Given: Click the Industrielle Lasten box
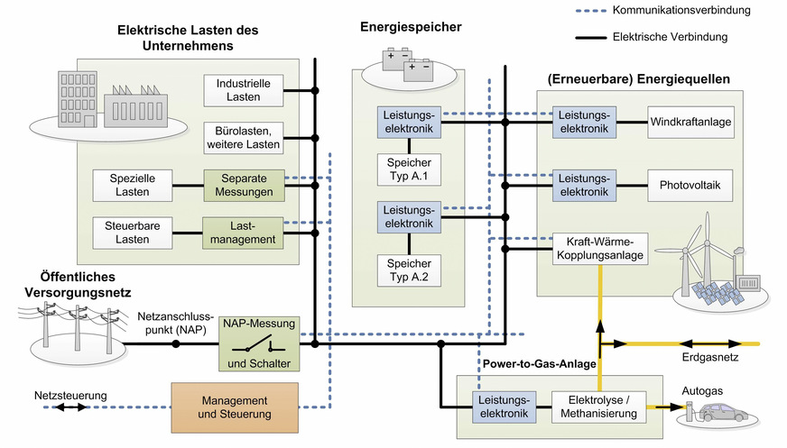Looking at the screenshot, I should (x=244, y=90).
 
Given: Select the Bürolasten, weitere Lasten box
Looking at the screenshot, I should (x=244, y=138).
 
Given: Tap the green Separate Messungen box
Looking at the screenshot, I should (x=244, y=186).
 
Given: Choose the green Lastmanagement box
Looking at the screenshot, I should (x=244, y=233).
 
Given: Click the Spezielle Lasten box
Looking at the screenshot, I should (x=132, y=186).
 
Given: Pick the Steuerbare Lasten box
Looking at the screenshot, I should (x=132, y=233).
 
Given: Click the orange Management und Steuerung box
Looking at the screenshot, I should (x=234, y=407).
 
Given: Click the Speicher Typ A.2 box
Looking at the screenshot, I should (x=410, y=270).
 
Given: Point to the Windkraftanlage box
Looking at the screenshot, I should (x=690, y=122).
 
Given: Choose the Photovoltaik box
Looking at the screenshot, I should (x=690, y=186).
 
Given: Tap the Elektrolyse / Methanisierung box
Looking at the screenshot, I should (x=600, y=407).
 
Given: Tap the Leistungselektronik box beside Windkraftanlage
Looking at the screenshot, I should (x=584, y=122).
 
